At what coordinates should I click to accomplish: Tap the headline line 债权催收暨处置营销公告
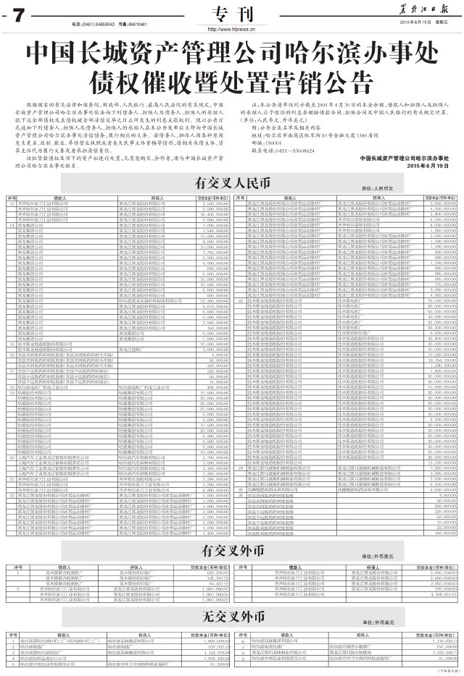[x=231, y=78]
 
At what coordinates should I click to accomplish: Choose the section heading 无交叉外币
[x=231, y=617]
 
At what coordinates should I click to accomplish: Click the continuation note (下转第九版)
[x=444, y=671]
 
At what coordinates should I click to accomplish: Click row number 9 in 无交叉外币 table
[x=243, y=659]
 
